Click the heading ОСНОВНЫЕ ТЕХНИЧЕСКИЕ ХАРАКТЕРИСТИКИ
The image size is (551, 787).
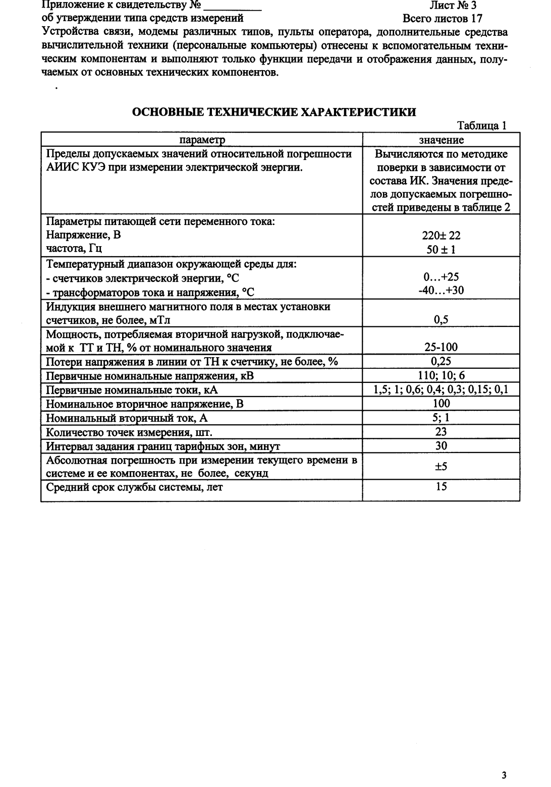pos(274,112)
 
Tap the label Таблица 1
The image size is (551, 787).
pos(481,126)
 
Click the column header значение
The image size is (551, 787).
pos(442,140)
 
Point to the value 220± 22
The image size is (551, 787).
pos(442,236)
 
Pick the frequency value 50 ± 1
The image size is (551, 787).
pos(442,250)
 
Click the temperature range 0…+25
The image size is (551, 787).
pos(442,277)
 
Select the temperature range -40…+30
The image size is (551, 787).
pos(442,291)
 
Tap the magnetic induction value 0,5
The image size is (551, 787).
pos(442,319)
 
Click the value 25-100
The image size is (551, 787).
pos(442,348)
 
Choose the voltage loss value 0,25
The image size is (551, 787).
pos(442,361)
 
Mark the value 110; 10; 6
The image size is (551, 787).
pos(442,376)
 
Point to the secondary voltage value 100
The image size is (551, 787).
pos(442,404)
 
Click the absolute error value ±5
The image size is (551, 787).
pos(442,467)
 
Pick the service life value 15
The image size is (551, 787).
pos(442,487)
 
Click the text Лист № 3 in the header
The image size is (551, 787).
pos(453,6)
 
